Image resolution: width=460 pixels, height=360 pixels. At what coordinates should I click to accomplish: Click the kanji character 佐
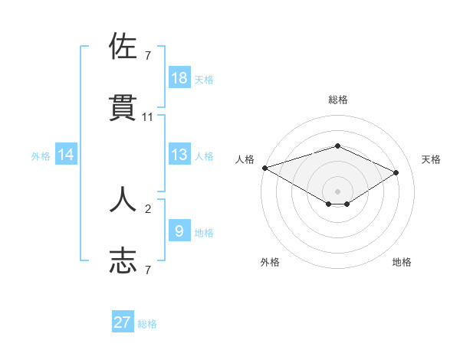pos(123,46)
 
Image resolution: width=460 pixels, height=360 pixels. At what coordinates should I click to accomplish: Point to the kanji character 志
pos(123,261)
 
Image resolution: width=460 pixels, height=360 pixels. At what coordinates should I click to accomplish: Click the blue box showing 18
pos(179,78)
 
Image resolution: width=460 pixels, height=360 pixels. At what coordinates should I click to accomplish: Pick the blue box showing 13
pos(179,155)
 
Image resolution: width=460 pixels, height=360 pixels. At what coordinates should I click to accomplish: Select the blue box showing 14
pos(66,155)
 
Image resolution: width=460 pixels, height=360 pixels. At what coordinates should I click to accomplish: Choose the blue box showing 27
pos(123,322)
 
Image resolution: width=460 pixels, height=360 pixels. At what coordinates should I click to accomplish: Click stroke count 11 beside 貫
pos(148,117)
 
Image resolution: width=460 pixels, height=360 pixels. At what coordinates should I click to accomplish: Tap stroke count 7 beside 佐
pos(148,55)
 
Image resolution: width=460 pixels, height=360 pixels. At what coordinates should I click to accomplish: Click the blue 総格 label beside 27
pos(147,324)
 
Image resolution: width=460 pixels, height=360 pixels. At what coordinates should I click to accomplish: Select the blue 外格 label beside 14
pos(41,156)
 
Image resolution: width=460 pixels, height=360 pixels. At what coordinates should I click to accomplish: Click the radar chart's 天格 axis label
pos(432,159)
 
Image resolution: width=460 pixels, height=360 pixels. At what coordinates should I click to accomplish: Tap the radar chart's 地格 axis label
pos(402,262)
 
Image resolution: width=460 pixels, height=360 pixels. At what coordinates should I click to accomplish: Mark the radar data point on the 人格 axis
pos(264,167)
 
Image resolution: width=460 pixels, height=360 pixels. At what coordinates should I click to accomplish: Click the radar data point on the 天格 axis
pos(396,172)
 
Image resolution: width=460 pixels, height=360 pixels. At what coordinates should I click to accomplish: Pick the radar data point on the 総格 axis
pos(337,146)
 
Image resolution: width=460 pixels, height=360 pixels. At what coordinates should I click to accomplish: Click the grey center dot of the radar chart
pos(337,191)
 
